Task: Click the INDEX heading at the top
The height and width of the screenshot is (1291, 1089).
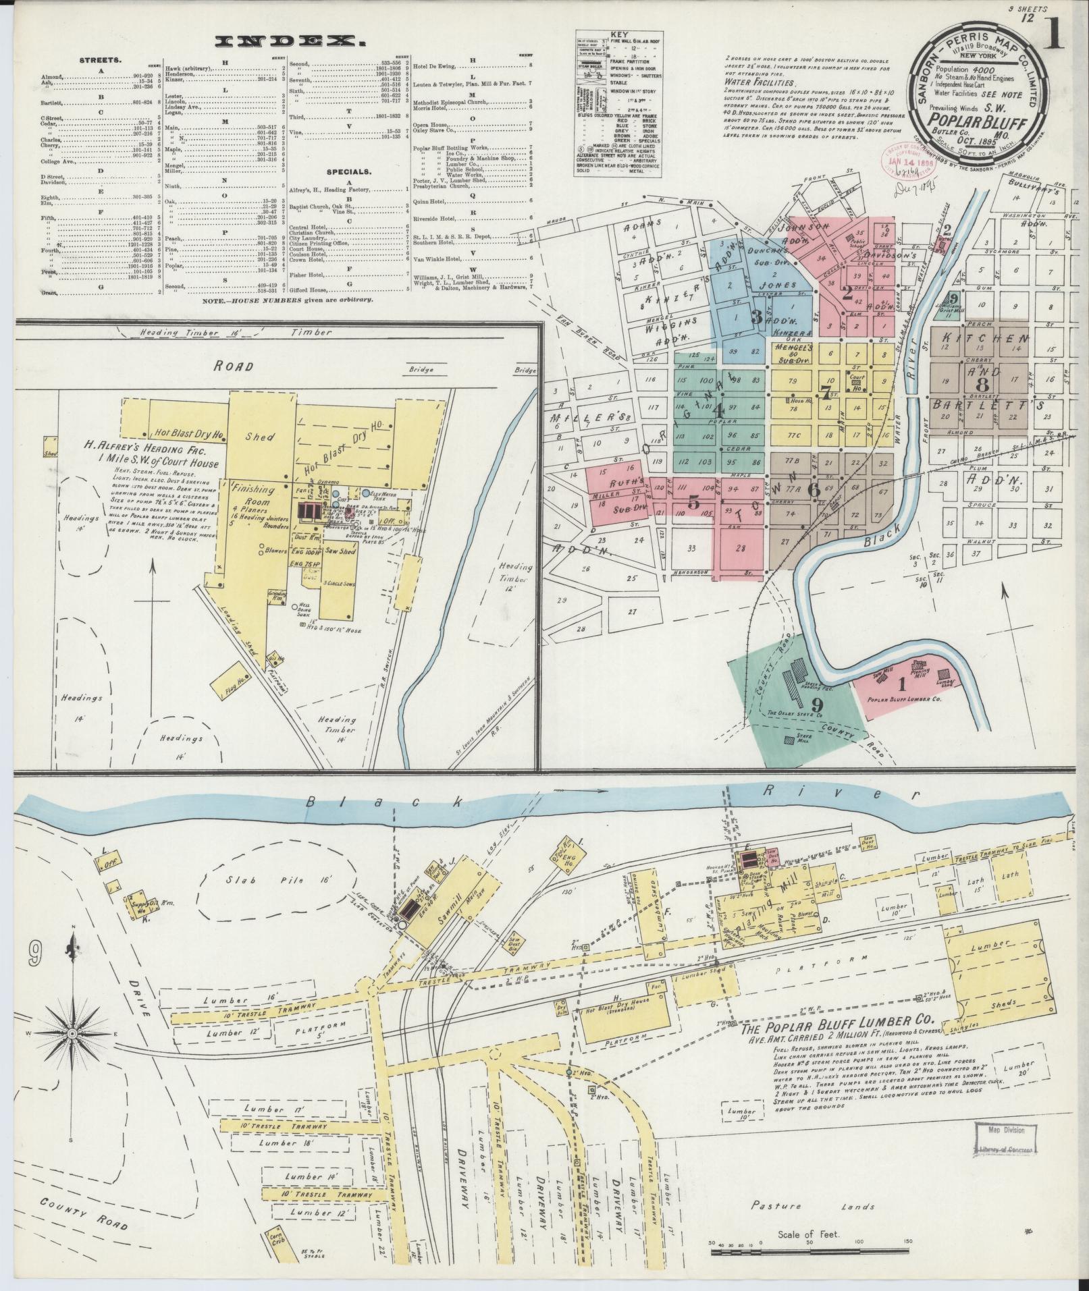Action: (x=291, y=42)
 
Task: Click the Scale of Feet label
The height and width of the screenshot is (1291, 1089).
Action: (x=807, y=1234)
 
